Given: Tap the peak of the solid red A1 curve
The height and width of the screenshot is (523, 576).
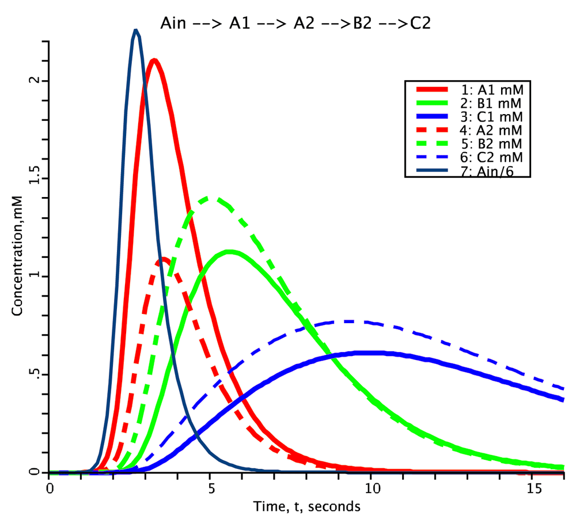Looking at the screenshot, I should pyautogui.click(x=153, y=60).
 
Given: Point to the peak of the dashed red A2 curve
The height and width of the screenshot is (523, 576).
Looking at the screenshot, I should pyautogui.click(x=164, y=259).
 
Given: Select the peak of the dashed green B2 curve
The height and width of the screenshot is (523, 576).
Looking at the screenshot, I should pyautogui.click(x=211, y=199).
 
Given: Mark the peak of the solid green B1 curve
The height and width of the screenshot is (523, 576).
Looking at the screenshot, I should pyautogui.click(x=230, y=252).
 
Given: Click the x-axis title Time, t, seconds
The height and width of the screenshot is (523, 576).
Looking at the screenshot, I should pyautogui.click(x=307, y=507).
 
